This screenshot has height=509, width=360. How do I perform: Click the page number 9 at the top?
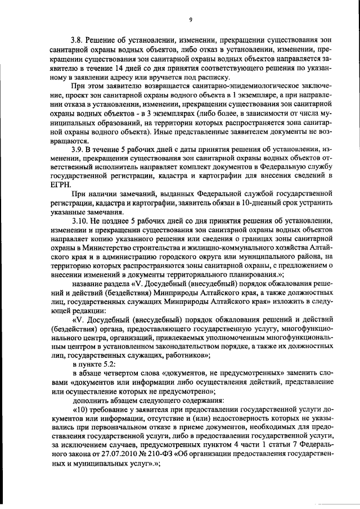[x=191, y=20]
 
